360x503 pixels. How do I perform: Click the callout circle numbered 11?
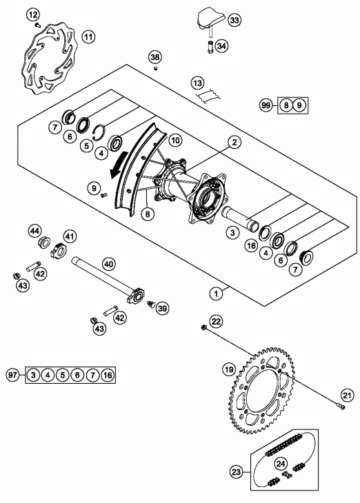(89, 37)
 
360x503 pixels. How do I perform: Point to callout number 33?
(234, 20)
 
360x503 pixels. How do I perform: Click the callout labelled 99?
(266, 105)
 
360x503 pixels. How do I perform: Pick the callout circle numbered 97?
(12, 375)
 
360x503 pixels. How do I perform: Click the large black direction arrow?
(119, 164)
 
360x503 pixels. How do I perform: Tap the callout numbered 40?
(109, 265)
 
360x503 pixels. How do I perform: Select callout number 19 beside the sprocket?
(229, 369)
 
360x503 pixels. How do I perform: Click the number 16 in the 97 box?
(108, 375)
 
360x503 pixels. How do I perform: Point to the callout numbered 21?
(347, 396)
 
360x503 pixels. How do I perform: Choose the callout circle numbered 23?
(236, 472)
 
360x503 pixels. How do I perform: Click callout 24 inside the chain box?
(281, 464)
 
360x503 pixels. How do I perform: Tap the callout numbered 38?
(155, 57)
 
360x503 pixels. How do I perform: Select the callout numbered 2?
(234, 142)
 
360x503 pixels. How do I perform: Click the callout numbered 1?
(216, 294)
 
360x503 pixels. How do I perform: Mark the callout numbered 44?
(34, 231)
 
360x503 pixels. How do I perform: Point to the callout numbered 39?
(163, 309)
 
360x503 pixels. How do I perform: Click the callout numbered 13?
(198, 83)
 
